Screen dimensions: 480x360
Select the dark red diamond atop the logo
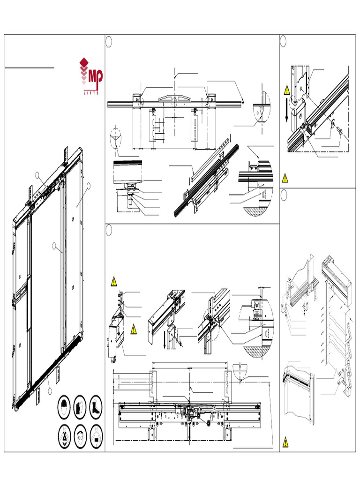pos(84,62)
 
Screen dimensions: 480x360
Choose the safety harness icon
pos(66,434)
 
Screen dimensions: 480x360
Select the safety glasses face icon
pos(81,434)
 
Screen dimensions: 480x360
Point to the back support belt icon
pos(96,434)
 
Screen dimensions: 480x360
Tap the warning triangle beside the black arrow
pos(285,90)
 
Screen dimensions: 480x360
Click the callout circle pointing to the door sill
pos(49,390)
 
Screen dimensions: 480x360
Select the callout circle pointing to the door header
pos(37,175)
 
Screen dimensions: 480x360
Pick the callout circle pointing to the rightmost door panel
pos(88,186)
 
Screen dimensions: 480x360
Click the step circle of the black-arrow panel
pos(283,41)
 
